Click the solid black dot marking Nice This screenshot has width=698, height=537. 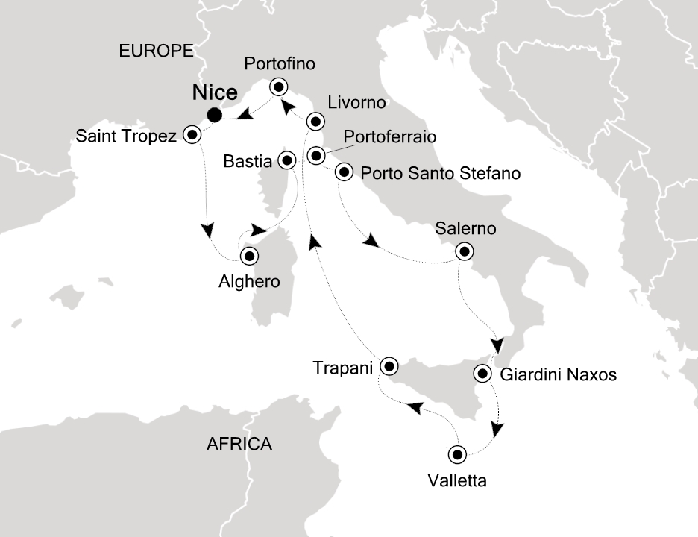coord(215,114)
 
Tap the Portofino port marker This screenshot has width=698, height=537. coord(279,87)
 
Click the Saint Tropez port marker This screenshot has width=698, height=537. coord(193,136)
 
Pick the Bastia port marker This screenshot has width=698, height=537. coord(286,159)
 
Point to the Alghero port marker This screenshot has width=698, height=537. coord(249,256)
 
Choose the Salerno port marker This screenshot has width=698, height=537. coord(465,251)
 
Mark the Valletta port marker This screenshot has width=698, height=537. coord(456,453)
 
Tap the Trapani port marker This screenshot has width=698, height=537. coord(389,367)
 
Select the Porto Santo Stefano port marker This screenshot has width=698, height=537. coord(344,172)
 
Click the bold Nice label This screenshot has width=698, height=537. coord(215,93)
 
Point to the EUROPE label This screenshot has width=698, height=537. coord(156,51)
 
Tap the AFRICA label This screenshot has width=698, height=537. coord(239,445)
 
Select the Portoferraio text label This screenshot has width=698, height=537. coord(390,138)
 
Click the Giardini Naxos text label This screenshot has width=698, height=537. coord(559,374)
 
